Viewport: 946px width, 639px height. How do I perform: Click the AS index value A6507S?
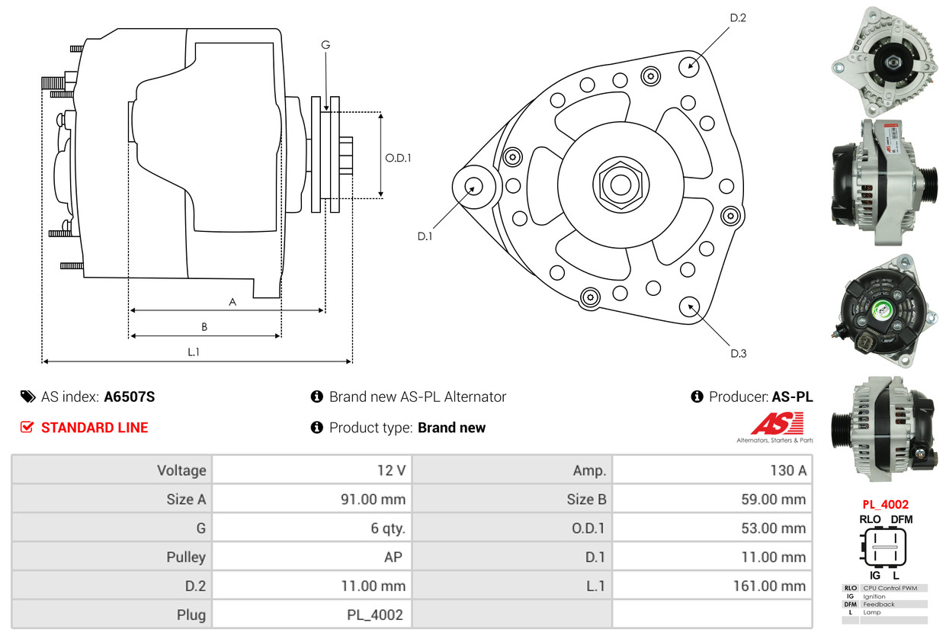pyautogui.click(x=130, y=397)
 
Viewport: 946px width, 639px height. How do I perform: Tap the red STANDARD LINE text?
pyautogui.click(x=95, y=428)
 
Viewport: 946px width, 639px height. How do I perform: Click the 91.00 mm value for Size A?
pyautogui.click(x=373, y=499)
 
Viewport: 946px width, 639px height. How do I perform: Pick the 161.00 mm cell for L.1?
pyautogui.click(x=769, y=586)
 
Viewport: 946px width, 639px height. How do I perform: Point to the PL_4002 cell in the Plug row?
pyautogui.click(x=374, y=615)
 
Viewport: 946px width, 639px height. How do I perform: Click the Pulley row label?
pyautogui.click(x=186, y=557)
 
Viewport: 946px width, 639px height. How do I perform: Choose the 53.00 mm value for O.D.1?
pyautogui.click(x=773, y=528)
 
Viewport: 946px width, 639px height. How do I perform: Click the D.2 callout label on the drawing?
pyautogui.click(x=738, y=18)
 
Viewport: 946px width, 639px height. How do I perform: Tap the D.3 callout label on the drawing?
pyautogui.click(x=738, y=354)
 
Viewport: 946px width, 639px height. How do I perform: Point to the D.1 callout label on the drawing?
pyautogui.click(x=425, y=236)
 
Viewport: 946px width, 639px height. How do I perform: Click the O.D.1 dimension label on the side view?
pyautogui.click(x=398, y=158)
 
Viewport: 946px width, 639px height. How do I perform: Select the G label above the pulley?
pyautogui.click(x=325, y=45)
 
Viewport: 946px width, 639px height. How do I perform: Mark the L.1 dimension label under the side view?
pyautogui.click(x=194, y=352)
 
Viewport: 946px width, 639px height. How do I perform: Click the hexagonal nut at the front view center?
pyautogui.click(x=621, y=185)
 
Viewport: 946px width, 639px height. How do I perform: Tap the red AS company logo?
pyautogui.click(x=777, y=423)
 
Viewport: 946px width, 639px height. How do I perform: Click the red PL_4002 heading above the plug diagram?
pyautogui.click(x=885, y=504)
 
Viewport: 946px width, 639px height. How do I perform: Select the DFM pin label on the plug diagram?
pyautogui.click(x=901, y=519)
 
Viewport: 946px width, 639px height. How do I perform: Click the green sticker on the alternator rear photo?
pyautogui.click(x=883, y=310)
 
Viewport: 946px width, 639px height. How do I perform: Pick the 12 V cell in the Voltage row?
pyautogui.click(x=391, y=470)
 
